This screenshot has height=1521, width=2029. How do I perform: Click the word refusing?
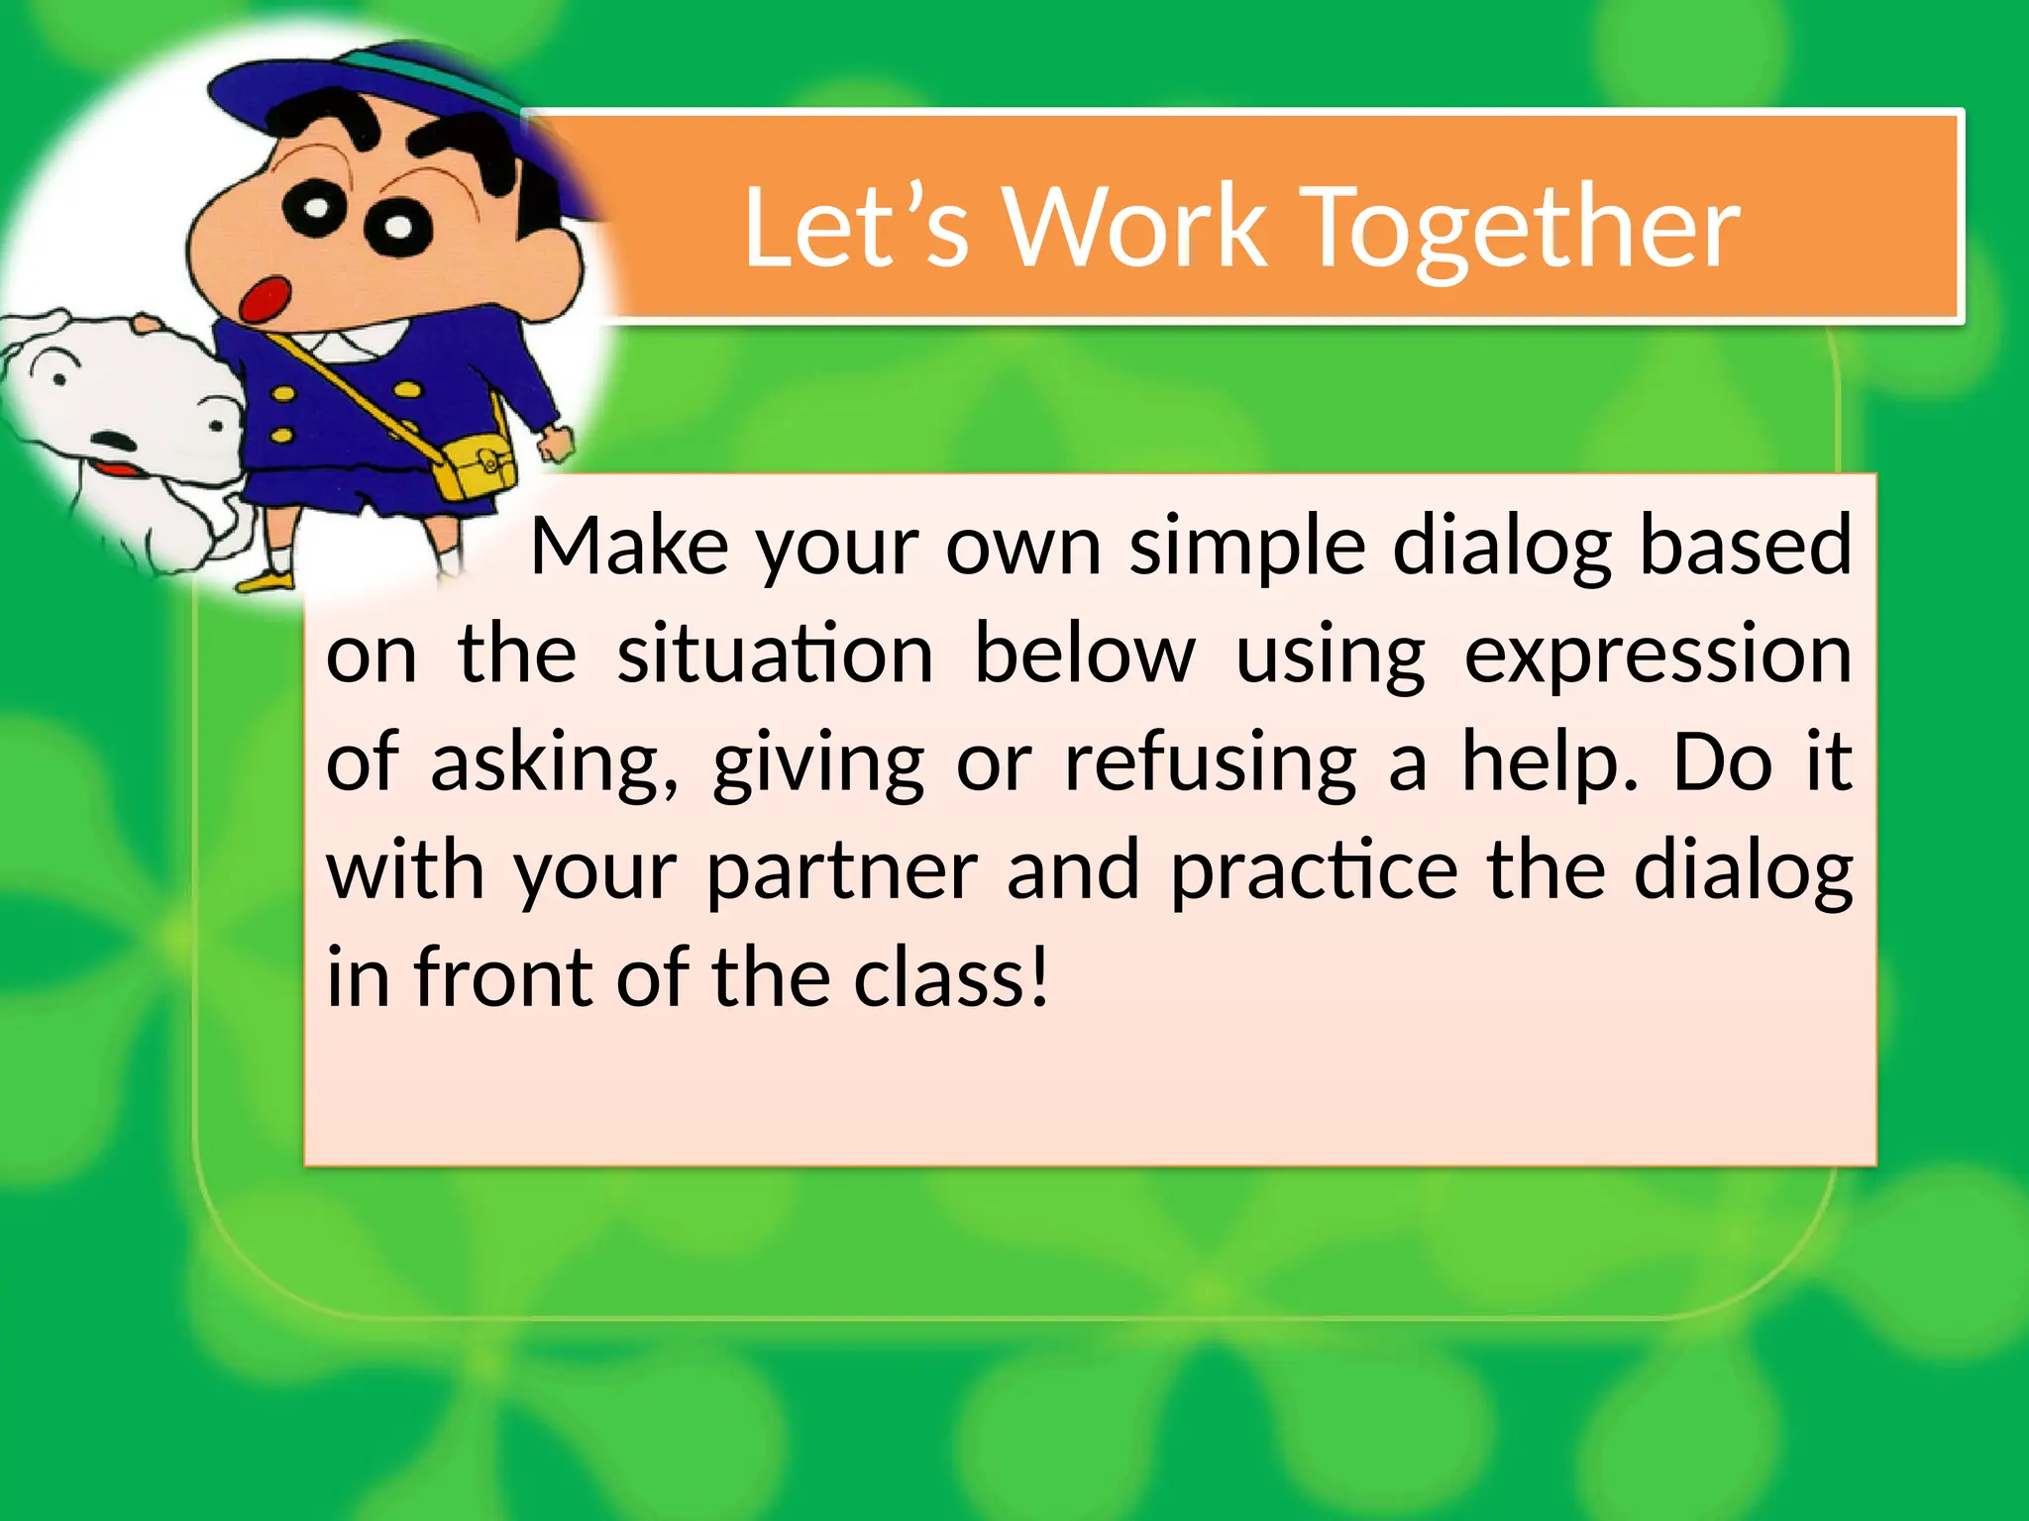(x=1210, y=764)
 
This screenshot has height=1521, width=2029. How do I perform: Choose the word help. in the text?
(x=1550, y=764)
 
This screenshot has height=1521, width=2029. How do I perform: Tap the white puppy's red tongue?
(x=117, y=470)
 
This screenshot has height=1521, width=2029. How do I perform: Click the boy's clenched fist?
(x=558, y=443)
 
